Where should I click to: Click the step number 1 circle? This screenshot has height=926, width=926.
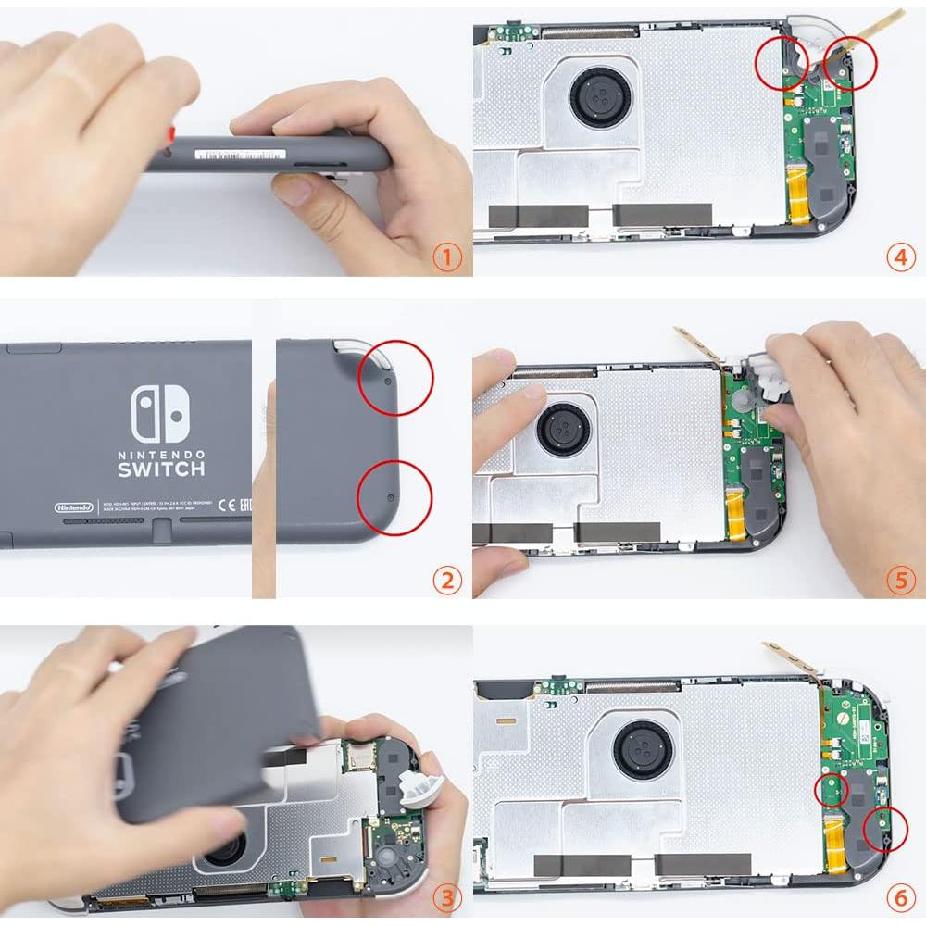[x=446, y=257]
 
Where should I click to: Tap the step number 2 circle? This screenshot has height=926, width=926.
[x=446, y=581]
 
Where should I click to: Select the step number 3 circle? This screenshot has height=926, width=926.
[x=446, y=896]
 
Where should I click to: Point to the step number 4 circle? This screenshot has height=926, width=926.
[x=900, y=257]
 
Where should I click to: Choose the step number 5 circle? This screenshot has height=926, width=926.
[x=900, y=581]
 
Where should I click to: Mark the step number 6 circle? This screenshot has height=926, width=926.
[x=900, y=896]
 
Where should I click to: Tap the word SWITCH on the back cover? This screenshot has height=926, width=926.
[x=161, y=469]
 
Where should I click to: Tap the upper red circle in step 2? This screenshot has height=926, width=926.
[x=395, y=377]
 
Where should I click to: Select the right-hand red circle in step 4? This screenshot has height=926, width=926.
[x=849, y=63]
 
